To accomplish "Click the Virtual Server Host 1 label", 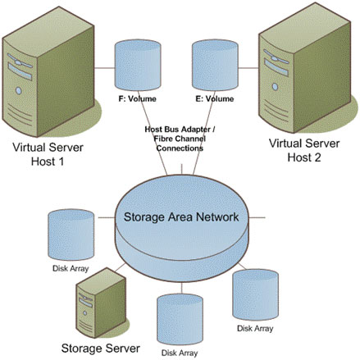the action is point(48,154).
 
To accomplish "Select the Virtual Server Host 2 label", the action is point(304,150).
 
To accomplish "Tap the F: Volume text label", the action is point(137,98).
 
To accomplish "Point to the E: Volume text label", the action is point(215,98).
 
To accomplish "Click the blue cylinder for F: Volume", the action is point(138,65).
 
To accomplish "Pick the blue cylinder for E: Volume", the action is point(215,65).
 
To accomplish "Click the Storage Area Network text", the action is point(181,217).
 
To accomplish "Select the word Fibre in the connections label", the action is point(163,139).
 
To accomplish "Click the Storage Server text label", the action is point(101,349).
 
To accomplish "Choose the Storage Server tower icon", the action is point(101,303).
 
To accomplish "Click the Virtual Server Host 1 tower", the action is point(48,71).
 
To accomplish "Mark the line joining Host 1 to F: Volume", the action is point(105,68).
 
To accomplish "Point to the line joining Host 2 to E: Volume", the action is point(248,68).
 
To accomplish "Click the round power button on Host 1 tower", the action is point(19,90).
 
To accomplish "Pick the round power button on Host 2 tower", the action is point(275,87).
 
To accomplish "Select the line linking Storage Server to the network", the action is point(121,267).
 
